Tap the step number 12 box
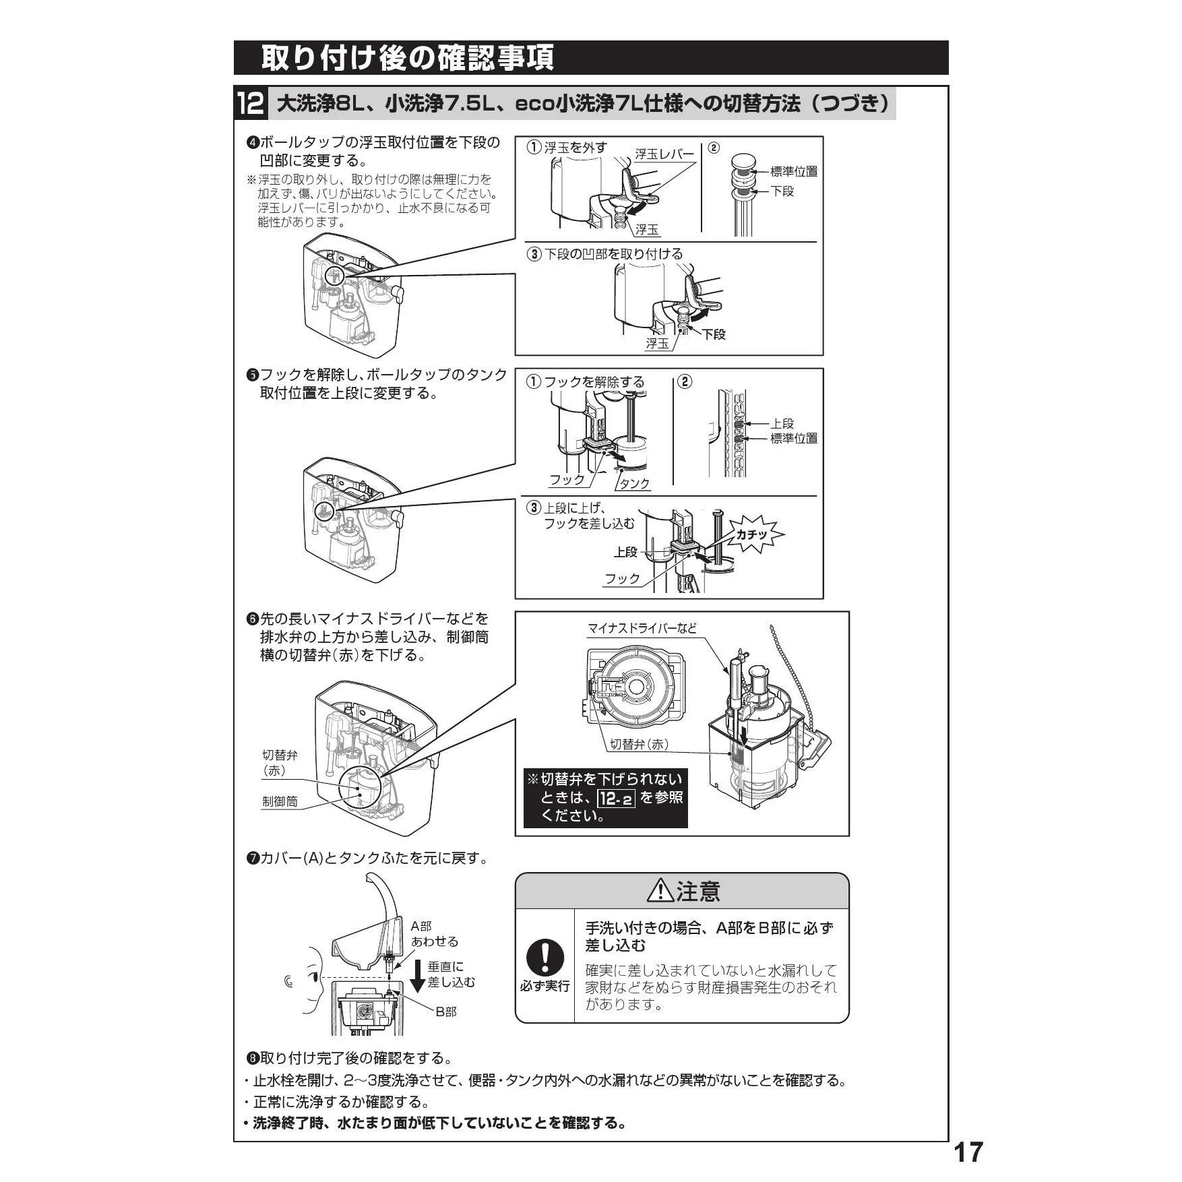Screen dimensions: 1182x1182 coord(251,104)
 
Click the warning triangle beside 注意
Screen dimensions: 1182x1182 coord(660,891)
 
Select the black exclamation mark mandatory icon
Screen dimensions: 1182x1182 coord(545,958)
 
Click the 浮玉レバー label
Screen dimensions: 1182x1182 coord(664,154)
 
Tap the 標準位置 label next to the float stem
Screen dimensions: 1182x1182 coord(794,172)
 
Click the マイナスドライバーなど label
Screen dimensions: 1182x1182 coord(642,628)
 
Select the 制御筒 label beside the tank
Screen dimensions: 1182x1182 coord(280,802)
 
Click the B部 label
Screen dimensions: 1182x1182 coord(446,1012)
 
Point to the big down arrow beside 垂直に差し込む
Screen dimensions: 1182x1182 coord(418,976)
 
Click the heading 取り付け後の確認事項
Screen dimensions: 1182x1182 coord(408,58)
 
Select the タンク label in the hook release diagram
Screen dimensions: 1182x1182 coord(635,483)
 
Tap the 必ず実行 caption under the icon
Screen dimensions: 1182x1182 coord(545,986)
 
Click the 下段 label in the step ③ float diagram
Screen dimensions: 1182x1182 coord(714,334)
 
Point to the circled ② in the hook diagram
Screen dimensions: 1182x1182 coord(684,381)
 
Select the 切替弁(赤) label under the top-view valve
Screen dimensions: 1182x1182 coord(639,744)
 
